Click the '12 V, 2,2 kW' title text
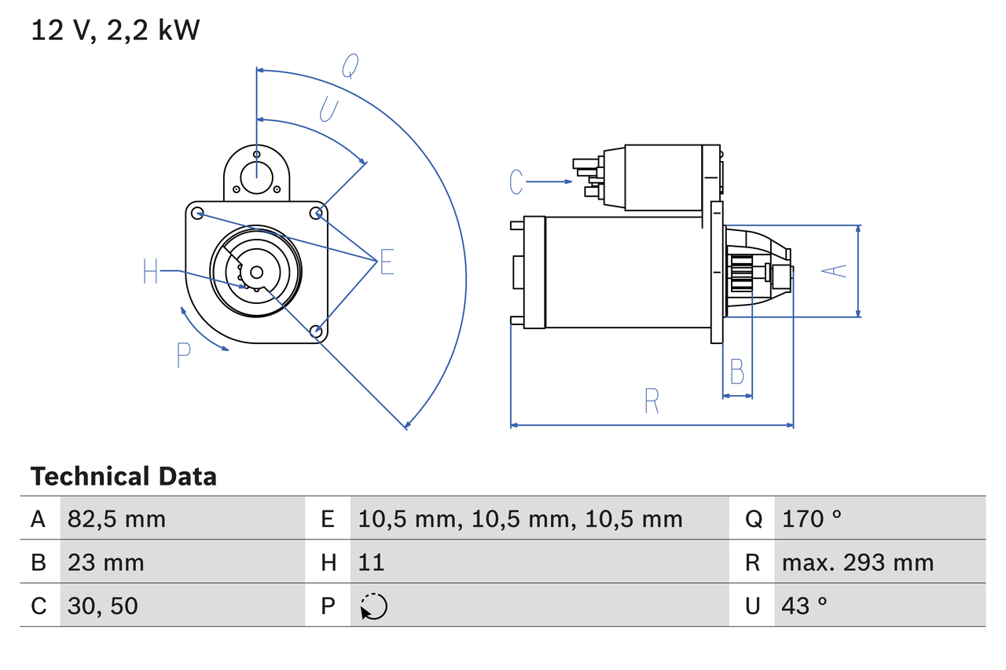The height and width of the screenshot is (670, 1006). click(x=116, y=31)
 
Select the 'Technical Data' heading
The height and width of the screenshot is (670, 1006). click(x=123, y=477)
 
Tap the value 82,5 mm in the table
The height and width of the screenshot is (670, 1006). click(x=116, y=518)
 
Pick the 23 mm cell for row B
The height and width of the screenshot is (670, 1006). click(x=106, y=562)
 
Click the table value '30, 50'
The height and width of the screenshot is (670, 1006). click(x=103, y=606)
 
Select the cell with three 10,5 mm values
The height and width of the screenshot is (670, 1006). click(x=520, y=518)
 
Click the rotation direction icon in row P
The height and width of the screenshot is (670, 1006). click(x=373, y=606)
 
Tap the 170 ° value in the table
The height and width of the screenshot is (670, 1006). click(x=812, y=518)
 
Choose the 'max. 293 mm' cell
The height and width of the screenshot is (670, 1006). click(x=857, y=562)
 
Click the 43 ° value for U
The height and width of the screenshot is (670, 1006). click(x=805, y=606)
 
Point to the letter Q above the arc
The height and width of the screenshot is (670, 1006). click(x=350, y=68)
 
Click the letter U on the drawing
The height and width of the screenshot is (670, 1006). click(x=329, y=110)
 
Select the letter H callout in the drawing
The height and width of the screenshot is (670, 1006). click(x=151, y=273)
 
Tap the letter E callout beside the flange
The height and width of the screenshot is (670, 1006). click(x=387, y=263)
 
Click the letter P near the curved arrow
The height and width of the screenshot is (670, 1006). click(x=183, y=356)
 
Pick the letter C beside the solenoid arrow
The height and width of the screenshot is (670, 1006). click(x=516, y=181)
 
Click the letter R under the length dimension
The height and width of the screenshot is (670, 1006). click(x=652, y=401)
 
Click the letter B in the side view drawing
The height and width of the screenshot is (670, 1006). click(x=736, y=372)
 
